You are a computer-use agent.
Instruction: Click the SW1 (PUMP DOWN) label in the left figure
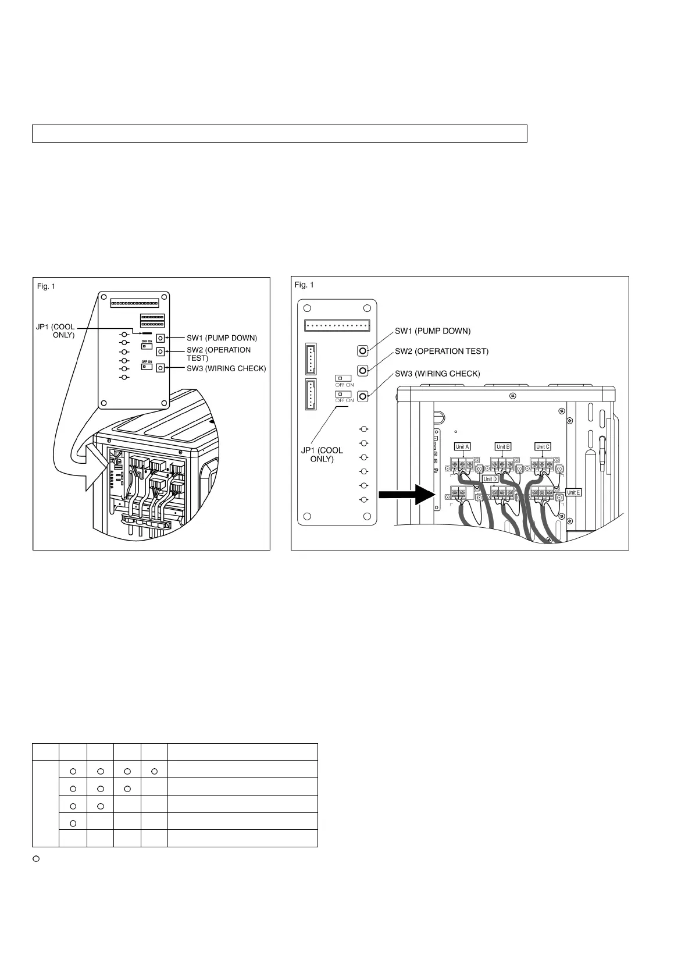tap(222, 338)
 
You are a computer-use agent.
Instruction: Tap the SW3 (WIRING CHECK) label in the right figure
tap(437, 374)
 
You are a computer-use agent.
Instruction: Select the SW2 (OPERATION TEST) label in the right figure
tap(441, 351)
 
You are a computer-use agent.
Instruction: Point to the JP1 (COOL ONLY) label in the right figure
tap(322, 455)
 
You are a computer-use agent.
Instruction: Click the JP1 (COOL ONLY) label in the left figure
tap(56, 331)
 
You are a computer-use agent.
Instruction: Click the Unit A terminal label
tap(462, 447)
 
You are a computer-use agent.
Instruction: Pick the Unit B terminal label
tap(503, 447)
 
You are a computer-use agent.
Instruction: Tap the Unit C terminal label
tap(543, 447)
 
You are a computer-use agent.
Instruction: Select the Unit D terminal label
tap(490, 479)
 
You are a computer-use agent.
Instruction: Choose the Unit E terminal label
tap(573, 492)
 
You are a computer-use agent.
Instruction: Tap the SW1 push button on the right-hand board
tap(362, 351)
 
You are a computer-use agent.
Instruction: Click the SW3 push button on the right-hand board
tap(362, 396)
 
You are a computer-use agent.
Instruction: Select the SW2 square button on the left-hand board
tap(160, 351)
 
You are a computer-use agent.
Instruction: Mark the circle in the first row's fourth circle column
tap(154, 772)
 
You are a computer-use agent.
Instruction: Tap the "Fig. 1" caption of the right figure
tap(304, 285)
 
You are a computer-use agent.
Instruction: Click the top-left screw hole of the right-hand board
tap(308, 308)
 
